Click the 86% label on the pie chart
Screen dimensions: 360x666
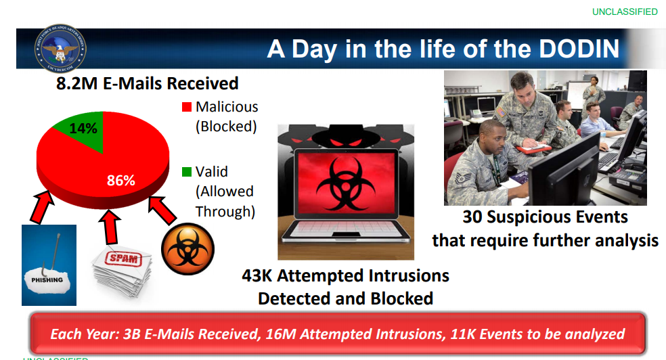(121, 180)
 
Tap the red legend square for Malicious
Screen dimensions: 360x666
(187, 107)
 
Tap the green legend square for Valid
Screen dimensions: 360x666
(187, 172)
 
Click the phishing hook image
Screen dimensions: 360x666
(49, 265)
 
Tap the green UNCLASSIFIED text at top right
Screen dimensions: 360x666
(625, 12)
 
